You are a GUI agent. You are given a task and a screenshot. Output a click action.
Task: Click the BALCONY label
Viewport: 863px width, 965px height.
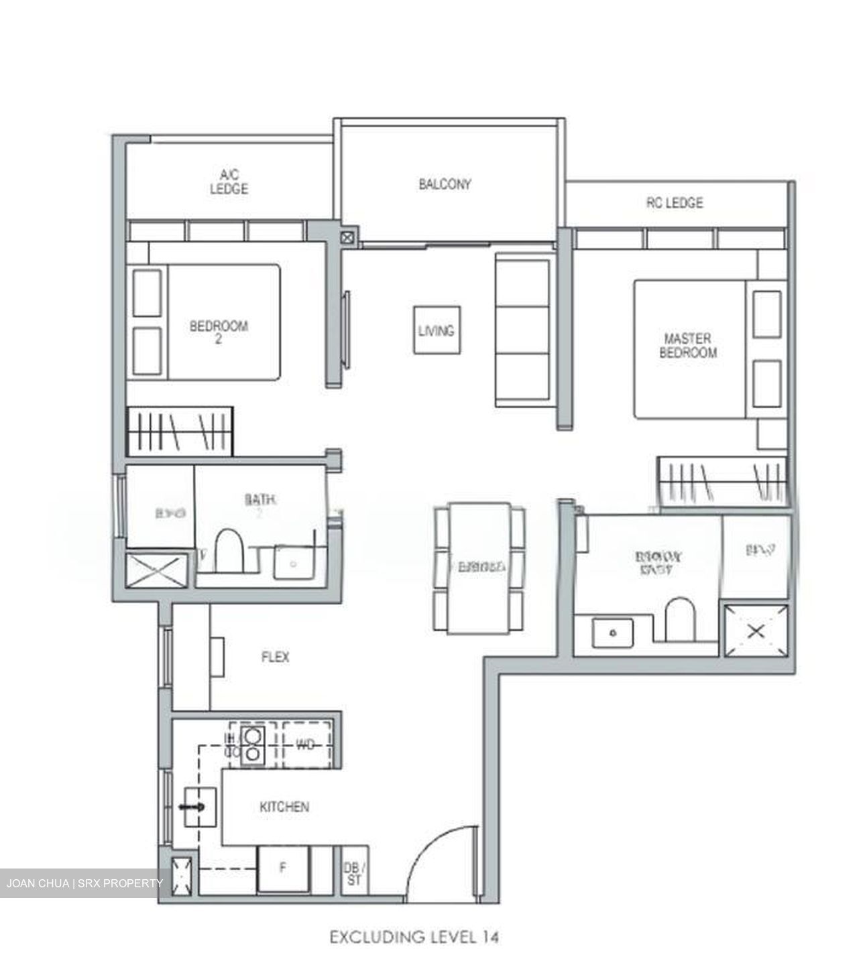tap(445, 184)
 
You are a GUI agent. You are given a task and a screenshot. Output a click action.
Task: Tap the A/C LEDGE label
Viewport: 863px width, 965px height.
tap(229, 182)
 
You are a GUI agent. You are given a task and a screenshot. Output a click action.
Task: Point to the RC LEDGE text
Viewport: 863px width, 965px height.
tap(675, 202)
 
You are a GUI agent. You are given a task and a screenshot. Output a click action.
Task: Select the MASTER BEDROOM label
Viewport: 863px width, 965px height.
tap(687, 346)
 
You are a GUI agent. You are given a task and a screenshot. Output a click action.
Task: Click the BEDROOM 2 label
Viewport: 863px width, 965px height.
tap(219, 332)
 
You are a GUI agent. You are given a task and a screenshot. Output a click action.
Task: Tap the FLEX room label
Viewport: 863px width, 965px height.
tap(275, 657)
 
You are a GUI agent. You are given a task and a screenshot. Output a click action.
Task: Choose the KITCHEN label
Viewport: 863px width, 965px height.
tap(284, 807)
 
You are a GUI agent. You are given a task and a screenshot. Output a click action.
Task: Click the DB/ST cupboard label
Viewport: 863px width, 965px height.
tap(353, 874)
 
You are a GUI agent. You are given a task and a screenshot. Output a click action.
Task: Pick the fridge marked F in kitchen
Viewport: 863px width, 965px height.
tap(283, 868)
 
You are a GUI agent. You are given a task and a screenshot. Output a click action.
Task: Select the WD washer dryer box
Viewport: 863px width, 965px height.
tap(306, 745)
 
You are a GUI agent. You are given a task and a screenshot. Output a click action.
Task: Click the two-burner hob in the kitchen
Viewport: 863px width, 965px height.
tap(251, 745)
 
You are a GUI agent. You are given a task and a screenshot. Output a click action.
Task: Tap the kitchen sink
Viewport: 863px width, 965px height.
tap(199, 807)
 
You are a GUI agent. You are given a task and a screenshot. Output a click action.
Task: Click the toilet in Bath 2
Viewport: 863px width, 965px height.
tap(229, 553)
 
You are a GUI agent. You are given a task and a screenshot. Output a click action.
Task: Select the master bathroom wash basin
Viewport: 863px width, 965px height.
tap(612, 633)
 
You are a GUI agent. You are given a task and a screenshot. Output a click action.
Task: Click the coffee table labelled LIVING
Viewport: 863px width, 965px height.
tap(437, 330)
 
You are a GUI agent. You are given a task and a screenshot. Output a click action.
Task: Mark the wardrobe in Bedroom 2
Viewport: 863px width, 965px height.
tap(180, 430)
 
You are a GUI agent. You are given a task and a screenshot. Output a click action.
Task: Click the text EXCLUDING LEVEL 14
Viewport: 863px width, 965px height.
tap(414, 936)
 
